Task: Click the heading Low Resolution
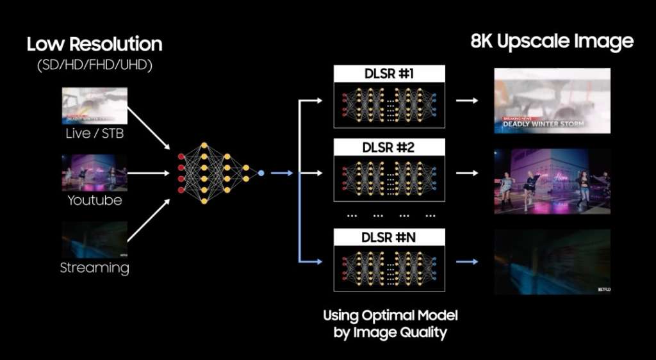94,44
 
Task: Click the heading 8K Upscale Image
552,42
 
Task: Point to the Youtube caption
95,200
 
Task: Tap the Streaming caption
95,268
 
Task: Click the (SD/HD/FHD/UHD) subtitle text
94,67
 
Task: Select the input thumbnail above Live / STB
95,106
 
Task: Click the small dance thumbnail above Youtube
95,172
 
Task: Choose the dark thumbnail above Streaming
95,240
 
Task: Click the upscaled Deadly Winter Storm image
552,101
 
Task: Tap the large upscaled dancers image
552,181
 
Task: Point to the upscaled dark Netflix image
552,261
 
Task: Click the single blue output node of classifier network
261,173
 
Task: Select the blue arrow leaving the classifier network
281,173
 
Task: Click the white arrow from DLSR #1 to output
466,101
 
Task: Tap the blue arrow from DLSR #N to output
466,261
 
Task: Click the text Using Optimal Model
390,315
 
